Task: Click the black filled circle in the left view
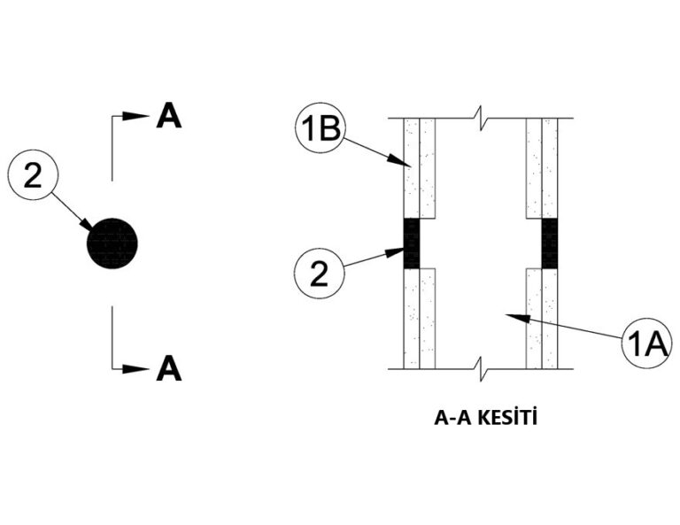click(x=112, y=243)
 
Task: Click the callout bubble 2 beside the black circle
click(x=33, y=178)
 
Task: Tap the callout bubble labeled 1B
click(x=320, y=130)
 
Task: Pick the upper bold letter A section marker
click(x=168, y=116)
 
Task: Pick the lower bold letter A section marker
click(x=168, y=367)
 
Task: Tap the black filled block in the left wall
click(x=411, y=243)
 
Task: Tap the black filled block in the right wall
click(x=550, y=243)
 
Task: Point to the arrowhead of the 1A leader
click(x=522, y=315)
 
